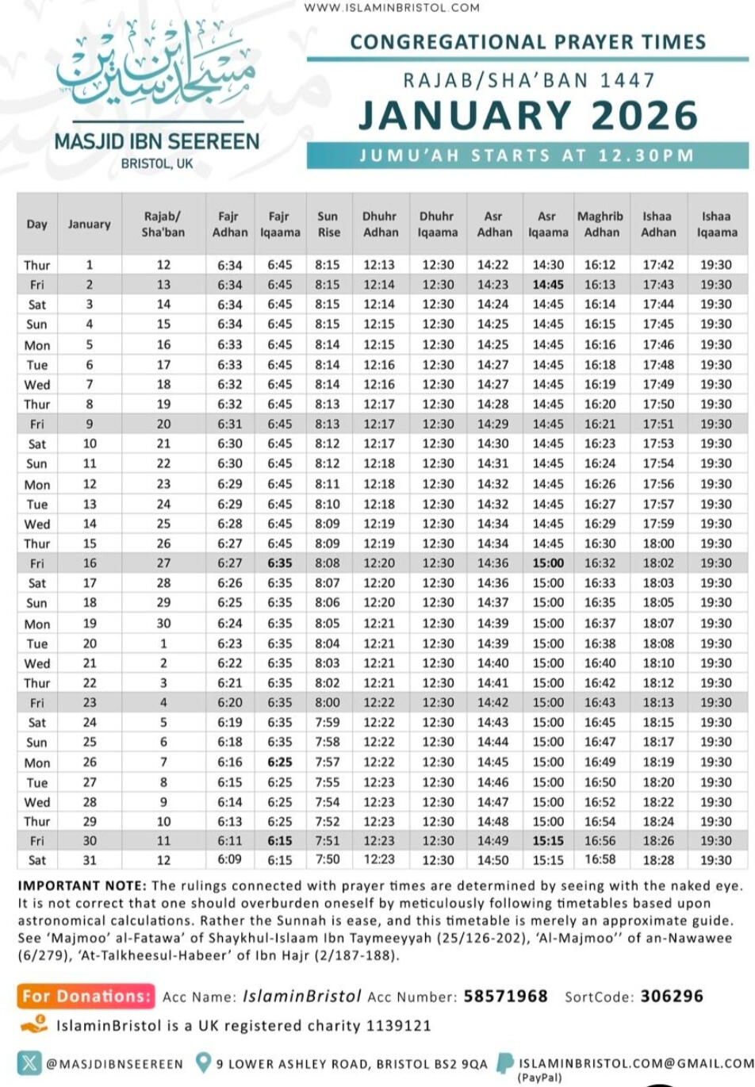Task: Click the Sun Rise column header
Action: pos(328,224)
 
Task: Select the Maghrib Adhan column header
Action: pos(600,224)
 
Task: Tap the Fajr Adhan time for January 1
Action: pos(229,265)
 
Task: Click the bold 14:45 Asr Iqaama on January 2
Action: pos(548,285)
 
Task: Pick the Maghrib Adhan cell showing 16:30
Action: pos(600,543)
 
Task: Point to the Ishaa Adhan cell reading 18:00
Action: pos(658,543)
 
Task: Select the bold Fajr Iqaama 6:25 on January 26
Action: pos(279,762)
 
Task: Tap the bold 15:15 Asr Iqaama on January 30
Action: pos(548,841)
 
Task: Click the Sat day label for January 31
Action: pos(37,860)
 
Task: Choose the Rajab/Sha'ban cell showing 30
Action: pos(163,623)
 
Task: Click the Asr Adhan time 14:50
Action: pos(493,860)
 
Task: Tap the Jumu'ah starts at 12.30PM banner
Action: pos(527,156)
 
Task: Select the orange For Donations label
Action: pos(86,996)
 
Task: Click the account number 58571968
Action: pos(505,996)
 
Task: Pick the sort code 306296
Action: pos(672,996)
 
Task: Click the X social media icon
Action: pos(29,1062)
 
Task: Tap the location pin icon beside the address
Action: pos(204,1062)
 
